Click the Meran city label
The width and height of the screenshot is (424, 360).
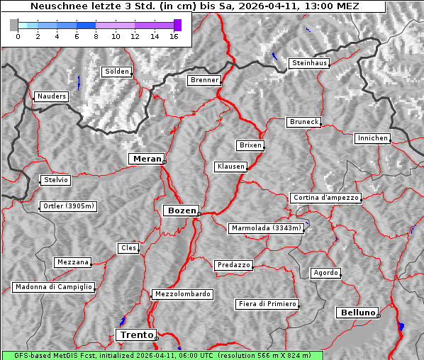pos(147,159)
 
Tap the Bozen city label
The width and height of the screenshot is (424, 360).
pos(180,210)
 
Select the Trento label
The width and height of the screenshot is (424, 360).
pos(135,334)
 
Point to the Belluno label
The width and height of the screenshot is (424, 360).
pos(357,312)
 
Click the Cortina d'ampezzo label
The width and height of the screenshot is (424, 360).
pos(325,198)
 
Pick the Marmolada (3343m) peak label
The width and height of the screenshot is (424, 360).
pos(267,228)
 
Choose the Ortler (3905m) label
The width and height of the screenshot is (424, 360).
pos(67,207)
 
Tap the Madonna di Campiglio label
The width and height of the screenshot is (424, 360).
pos(53,287)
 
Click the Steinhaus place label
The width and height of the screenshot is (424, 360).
pos(309,63)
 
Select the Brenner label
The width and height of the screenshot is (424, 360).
pos(204,80)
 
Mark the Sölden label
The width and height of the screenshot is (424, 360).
pos(117,72)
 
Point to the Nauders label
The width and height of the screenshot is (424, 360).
pos(51,96)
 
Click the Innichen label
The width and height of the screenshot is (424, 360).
pos(372,138)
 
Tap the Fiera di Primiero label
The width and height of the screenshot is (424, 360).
pos(267,304)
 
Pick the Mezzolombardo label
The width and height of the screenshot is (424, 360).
pos(182,293)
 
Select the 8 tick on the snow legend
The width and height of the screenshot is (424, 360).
pos(96,35)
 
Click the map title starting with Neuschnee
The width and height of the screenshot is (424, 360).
pos(194,6)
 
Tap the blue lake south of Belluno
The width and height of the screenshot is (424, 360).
pos(401,326)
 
